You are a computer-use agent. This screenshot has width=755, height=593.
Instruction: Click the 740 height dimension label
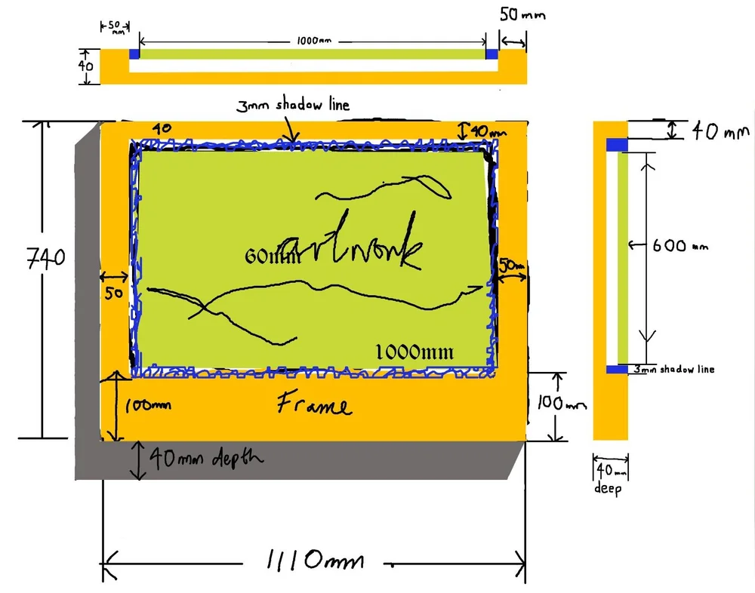pos(46,259)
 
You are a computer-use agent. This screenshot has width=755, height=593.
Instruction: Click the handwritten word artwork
pos(350,250)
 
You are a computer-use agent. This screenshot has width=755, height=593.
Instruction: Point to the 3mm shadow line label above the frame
pos(293,105)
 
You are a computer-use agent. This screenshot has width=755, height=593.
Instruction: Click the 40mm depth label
pos(205,457)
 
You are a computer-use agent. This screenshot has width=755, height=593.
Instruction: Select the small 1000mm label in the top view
pos(311,39)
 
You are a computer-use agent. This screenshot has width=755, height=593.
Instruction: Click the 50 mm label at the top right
pos(522,15)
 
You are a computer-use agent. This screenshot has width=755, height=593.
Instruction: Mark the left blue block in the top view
pos(134,54)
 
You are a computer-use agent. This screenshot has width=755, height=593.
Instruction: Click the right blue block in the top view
pos(492,54)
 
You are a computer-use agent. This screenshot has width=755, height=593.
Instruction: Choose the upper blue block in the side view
pos(618,144)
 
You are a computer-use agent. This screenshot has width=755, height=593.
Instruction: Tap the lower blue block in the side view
pos(617,369)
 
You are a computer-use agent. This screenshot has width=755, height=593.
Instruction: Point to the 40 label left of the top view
pos(87,66)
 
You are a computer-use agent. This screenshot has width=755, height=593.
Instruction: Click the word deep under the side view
pos(609,489)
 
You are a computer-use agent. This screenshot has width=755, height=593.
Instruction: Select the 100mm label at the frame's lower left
pos(147,405)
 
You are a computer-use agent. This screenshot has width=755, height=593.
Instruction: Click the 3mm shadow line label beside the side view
pos(673,369)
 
